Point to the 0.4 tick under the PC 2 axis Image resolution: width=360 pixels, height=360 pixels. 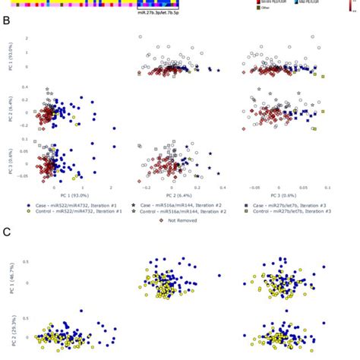223,188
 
